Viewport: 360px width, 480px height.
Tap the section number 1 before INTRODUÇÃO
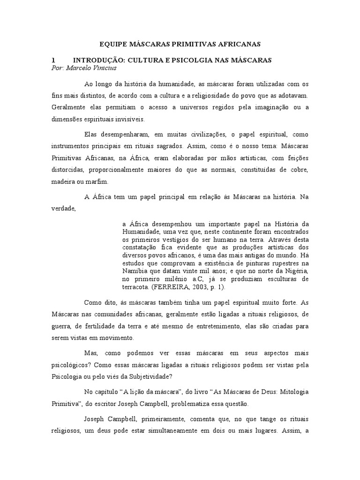pyautogui.click(x=53, y=60)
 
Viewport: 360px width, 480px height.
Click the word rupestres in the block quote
pyautogui.click(x=277, y=263)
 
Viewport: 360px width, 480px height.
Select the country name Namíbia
pyautogui.click(x=134, y=271)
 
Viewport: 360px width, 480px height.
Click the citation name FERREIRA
pyautogui.click(x=180, y=286)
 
